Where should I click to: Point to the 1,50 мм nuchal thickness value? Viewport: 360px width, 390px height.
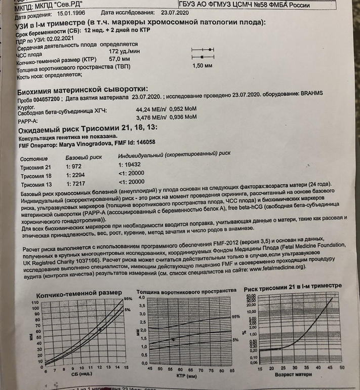[202, 66]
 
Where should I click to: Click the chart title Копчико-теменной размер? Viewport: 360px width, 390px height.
[78, 294]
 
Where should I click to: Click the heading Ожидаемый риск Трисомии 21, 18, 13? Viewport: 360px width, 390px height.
[85, 128]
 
